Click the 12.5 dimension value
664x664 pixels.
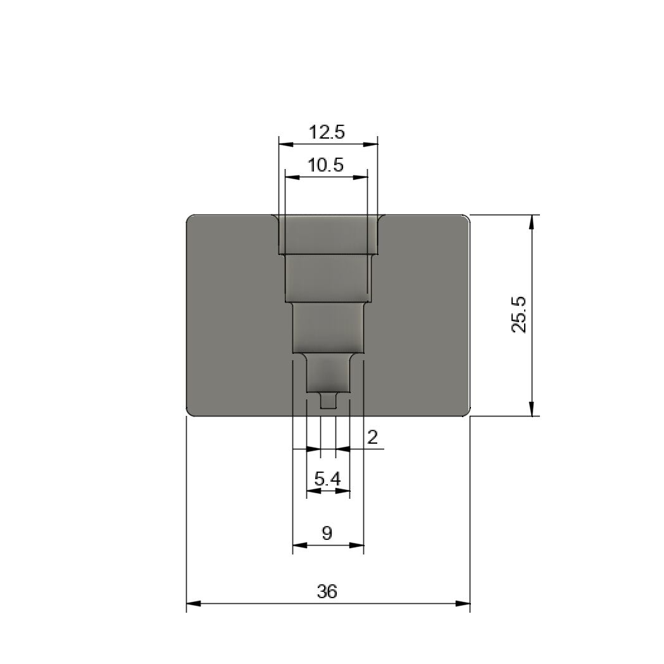[327, 132]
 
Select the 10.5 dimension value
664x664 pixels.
[325, 165]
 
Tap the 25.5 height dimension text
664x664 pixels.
[519, 315]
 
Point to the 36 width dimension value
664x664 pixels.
[327, 591]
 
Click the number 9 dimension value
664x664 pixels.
[327, 533]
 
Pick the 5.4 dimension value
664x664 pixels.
[327, 479]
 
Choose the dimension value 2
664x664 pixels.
[372, 437]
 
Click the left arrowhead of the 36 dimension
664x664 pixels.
[194, 603]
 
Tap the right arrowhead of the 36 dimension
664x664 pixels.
[463, 603]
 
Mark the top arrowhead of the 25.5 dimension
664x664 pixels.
[532, 222]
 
